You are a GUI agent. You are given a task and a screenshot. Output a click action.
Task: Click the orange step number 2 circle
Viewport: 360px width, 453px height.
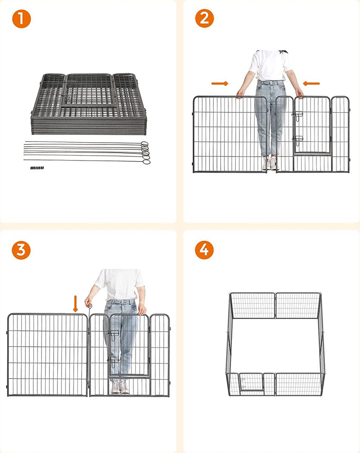(204, 18)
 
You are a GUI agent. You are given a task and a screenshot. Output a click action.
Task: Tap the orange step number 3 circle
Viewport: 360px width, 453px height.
(21, 250)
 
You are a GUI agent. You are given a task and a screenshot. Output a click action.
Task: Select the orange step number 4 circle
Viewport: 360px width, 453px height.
(204, 250)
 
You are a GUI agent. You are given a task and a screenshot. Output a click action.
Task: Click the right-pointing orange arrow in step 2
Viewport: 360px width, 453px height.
(220, 83)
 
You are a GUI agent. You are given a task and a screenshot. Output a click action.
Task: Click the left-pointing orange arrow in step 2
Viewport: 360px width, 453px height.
(311, 83)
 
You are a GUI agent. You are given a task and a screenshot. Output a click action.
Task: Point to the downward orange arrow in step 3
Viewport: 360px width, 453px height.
(76, 304)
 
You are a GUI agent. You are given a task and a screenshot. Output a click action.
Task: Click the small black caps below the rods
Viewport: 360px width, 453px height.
(37, 168)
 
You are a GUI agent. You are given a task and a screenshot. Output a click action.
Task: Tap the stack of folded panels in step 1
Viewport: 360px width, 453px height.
(89, 104)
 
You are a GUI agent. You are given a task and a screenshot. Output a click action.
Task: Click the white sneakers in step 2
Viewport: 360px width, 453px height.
(270, 163)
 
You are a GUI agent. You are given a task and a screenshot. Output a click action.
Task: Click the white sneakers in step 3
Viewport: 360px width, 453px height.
(120, 386)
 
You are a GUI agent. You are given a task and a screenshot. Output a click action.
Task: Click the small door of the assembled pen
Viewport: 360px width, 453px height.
(251, 382)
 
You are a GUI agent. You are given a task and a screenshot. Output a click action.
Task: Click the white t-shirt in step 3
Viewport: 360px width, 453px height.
(119, 285)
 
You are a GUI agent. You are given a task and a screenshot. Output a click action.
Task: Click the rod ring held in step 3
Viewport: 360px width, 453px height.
(90, 306)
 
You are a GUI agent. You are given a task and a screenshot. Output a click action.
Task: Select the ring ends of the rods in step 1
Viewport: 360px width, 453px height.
(145, 153)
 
